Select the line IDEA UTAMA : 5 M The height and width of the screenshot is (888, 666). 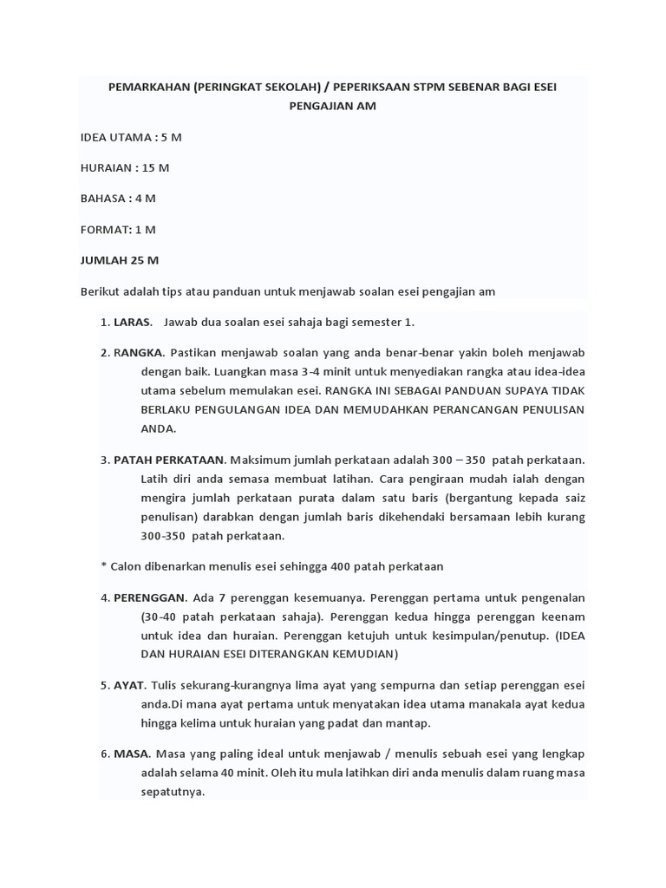pyautogui.click(x=130, y=137)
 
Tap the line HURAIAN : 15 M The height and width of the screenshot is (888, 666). pyautogui.click(x=124, y=167)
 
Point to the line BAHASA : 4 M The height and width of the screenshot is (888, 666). pyautogui.click(x=118, y=198)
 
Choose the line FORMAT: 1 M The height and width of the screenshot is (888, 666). pyautogui.click(x=118, y=229)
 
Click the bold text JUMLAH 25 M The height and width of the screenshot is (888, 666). pyautogui.click(x=120, y=260)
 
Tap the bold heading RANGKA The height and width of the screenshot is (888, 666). pyautogui.click(x=139, y=354)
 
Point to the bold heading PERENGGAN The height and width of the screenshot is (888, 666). pyautogui.click(x=149, y=597)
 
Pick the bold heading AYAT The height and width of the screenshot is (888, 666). pyautogui.click(x=129, y=684)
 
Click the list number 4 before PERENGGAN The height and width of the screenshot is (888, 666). pyautogui.click(x=104, y=597)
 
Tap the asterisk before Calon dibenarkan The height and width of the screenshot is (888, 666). pyautogui.click(x=104, y=566)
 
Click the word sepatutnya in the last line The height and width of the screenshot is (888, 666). pyautogui.click(x=173, y=792)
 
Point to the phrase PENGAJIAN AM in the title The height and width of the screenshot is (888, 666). pyautogui.click(x=333, y=106)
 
